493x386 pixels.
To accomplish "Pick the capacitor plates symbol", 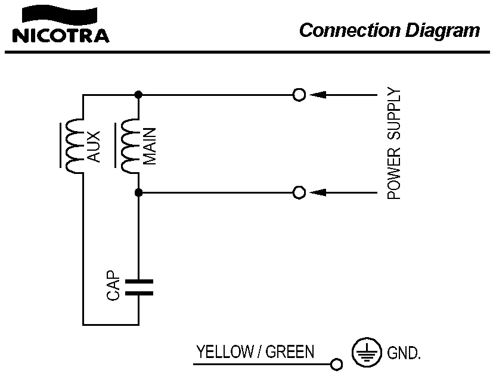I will (138, 287).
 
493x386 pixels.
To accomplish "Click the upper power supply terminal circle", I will (299, 94).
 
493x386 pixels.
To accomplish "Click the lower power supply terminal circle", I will (299, 192).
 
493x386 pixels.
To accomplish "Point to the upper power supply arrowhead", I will (318, 94).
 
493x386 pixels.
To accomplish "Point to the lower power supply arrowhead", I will (318, 192).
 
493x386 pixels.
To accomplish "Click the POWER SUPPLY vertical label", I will (393, 144).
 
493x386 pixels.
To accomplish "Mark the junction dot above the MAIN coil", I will (138, 94).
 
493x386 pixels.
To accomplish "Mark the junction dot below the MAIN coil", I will (138, 192).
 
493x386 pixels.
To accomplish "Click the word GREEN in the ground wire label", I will (290, 352).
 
